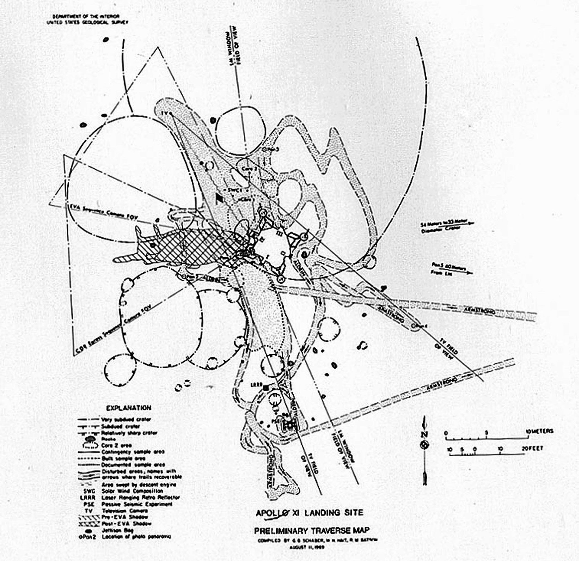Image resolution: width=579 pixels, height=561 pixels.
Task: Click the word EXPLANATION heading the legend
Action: click(129, 408)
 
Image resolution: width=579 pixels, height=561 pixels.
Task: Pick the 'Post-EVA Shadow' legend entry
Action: click(126, 523)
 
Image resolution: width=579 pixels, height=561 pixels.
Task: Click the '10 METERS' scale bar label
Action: click(539, 431)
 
